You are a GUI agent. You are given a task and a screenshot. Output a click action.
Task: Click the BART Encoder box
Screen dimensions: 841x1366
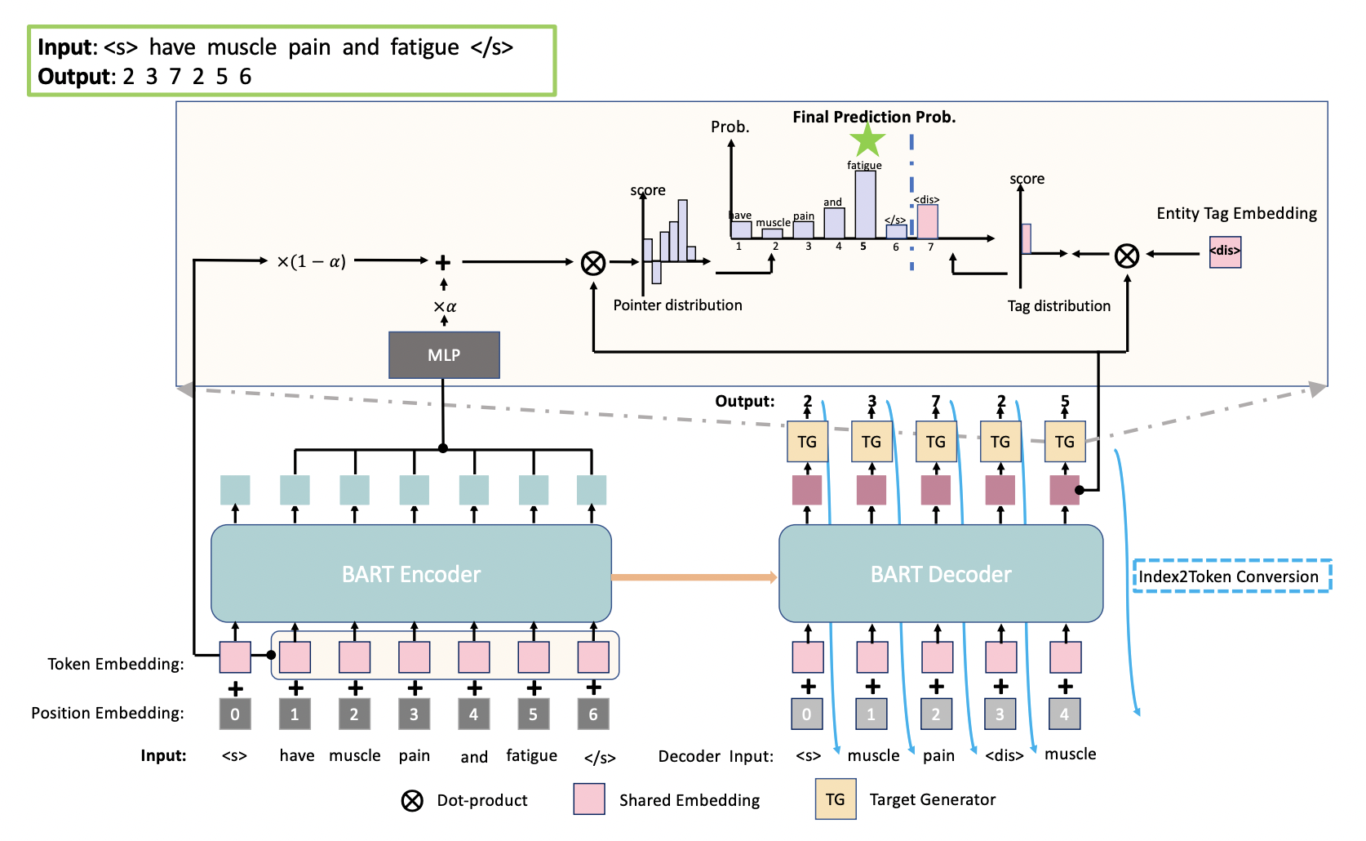(411, 573)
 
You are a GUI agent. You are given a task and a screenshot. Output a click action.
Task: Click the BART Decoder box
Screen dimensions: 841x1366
(941, 573)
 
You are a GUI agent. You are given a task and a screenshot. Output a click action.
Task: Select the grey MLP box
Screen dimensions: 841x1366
(444, 355)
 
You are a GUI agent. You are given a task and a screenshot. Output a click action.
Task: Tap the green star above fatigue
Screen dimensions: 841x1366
(867, 140)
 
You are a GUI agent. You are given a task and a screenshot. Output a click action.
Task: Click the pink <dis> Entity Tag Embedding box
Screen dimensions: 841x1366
(1225, 251)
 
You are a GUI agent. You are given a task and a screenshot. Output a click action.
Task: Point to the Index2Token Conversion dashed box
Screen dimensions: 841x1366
(1232, 576)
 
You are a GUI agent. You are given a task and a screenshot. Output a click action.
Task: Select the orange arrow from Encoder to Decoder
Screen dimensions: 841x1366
(694, 577)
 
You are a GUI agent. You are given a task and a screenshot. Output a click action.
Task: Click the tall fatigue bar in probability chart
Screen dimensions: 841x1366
(865, 204)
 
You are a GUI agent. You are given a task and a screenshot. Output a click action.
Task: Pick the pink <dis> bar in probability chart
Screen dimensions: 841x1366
(927, 221)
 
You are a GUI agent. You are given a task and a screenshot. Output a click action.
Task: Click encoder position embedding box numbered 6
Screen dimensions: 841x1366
(593, 714)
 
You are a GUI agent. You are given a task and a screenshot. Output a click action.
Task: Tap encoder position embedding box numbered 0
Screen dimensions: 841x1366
(235, 714)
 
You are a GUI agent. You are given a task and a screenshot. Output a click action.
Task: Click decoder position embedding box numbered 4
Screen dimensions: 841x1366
(1064, 714)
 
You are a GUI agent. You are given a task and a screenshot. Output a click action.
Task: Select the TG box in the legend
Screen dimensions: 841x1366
(835, 799)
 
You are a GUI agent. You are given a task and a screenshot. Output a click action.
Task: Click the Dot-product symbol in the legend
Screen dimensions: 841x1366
(412, 800)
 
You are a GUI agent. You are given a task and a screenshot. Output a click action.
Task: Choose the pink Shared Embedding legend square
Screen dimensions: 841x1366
(588, 799)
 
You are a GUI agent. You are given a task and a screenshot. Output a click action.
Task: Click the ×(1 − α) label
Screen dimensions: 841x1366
(311, 261)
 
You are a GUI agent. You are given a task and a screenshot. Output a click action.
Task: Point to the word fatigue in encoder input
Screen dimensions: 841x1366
(531, 756)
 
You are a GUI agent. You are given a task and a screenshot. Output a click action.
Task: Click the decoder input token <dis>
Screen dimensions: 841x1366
(1004, 756)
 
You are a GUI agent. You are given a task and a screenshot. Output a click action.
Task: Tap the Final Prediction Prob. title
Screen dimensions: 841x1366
(874, 117)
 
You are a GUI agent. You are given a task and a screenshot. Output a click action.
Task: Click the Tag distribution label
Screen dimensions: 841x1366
(1058, 306)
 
